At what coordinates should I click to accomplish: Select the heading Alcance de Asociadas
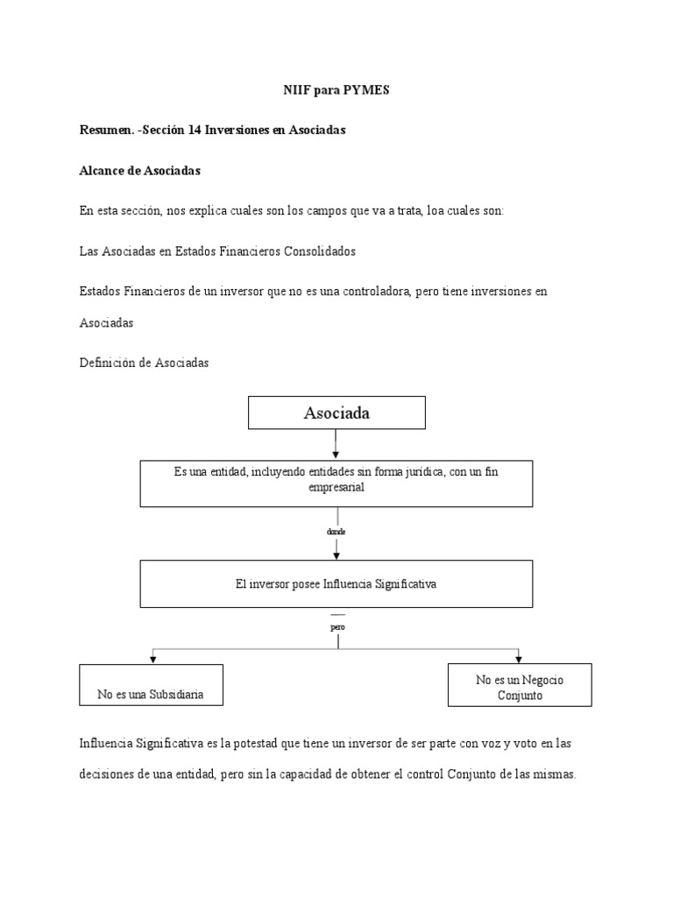point(139,171)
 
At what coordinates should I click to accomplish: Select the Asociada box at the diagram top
point(336,413)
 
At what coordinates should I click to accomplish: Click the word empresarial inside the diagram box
point(336,488)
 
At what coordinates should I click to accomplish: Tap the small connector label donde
point(336,532)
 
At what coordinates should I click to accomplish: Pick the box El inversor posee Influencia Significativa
point(336,584)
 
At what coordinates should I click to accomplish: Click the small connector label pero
point(337,628)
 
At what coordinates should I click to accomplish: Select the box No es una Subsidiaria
point(151,685)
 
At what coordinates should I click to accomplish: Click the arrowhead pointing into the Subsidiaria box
point(153,659)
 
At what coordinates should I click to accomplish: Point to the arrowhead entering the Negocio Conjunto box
point(520,657)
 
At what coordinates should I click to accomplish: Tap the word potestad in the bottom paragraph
point(266,743)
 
